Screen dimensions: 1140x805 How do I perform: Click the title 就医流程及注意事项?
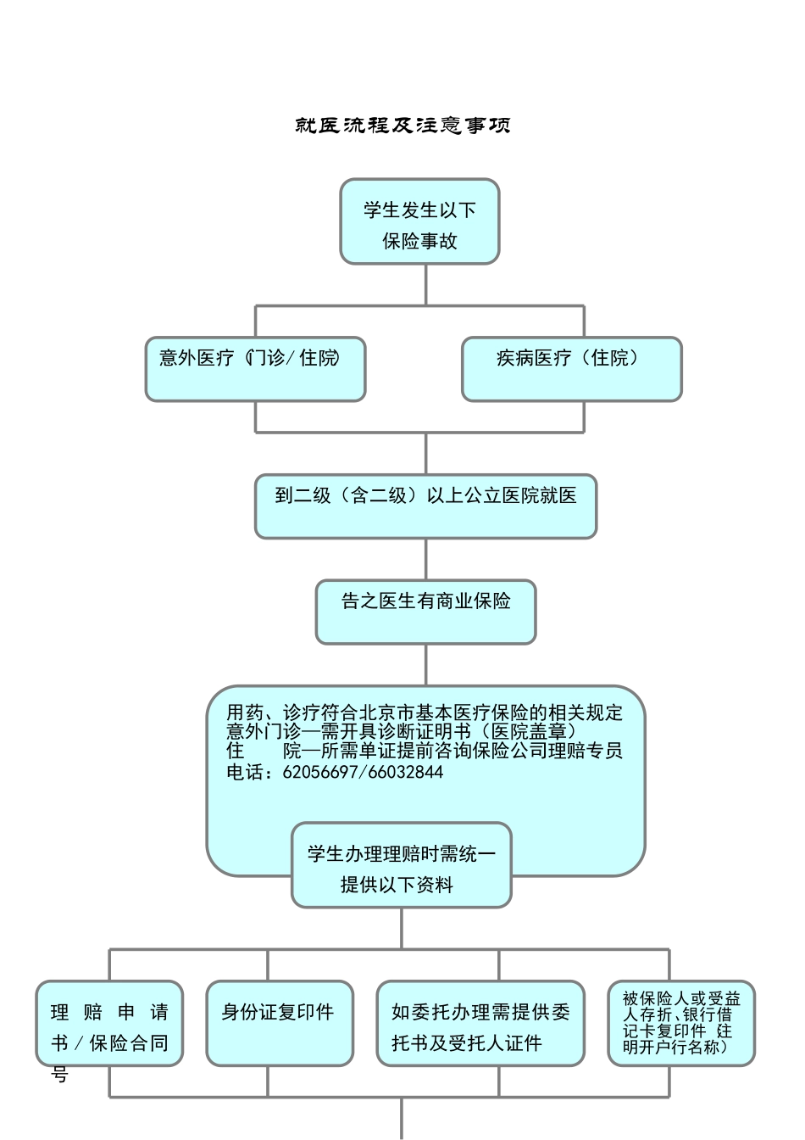(x=402, y=126)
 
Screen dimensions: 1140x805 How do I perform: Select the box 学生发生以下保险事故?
(x=419, y=222)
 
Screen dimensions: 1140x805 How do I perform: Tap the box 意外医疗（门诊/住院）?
(x=255, y=369)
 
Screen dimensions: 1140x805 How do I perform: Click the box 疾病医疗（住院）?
(x=571, y=369)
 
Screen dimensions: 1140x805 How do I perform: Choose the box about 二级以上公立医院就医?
(x=425, y=506)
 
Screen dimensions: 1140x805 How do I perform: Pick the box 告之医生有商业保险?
(x=425, y=612)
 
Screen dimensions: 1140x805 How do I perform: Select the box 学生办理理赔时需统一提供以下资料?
(x=401, y=865)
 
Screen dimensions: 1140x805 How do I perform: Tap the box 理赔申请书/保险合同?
(x=109, y=1024)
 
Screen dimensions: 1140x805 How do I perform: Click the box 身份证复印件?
(x=279, y=1024)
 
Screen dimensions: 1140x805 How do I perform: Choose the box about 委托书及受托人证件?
(x=480, y=1024)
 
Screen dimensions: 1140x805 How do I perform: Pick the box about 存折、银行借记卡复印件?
(x=680, y=1024)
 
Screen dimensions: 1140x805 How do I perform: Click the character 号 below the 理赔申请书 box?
(x=59, y=1076)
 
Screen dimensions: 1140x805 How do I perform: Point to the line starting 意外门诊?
(x=402, y=731)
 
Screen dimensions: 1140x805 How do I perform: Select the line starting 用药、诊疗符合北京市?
(x=424, y=712)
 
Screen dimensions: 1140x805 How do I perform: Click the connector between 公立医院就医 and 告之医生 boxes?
(x=425, y=559)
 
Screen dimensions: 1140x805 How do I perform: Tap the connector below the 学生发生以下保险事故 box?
(x=425, y=285)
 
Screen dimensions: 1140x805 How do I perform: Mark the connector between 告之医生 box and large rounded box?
(x=425, y=665)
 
